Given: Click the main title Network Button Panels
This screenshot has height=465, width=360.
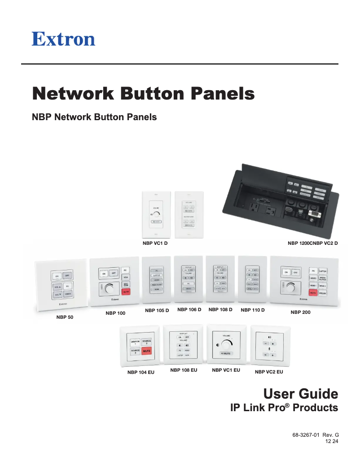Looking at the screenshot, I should [143, 94].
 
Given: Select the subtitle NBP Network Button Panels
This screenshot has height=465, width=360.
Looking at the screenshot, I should [94, 117].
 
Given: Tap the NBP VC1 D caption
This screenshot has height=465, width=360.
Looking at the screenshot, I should [155, 243].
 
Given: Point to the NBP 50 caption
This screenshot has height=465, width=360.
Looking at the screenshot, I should [65, 317].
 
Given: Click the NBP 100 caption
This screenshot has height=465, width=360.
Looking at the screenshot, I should [115, 313].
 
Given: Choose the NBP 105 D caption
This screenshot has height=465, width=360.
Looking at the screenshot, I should [157, 310].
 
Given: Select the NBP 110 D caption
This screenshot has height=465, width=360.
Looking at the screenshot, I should [253, 310].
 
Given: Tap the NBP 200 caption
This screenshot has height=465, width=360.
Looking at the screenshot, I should [300, 312].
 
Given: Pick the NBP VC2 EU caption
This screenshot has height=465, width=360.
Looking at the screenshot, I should [269, 372].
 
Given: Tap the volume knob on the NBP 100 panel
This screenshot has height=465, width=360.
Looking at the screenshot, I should [109, 289].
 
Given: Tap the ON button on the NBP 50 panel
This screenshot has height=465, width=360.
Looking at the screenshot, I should [57, 276].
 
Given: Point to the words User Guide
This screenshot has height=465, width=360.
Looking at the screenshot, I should [300, 394].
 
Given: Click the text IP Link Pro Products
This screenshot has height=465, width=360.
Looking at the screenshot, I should [284, 408].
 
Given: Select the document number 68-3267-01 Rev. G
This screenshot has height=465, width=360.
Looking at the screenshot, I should [316, 435].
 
